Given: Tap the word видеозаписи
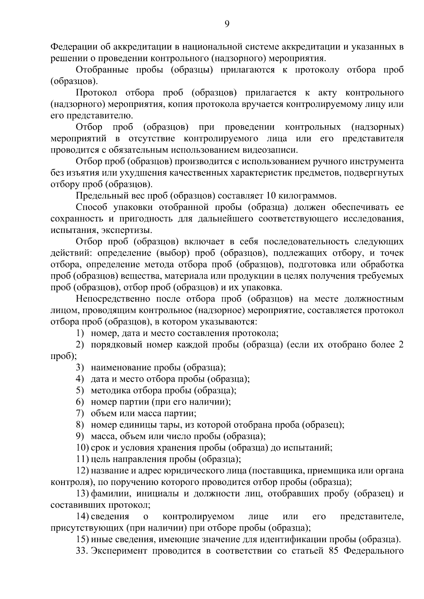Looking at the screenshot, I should click(270, 150).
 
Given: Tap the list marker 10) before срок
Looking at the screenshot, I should click(82, 448).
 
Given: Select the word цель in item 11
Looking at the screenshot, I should click(99, 459).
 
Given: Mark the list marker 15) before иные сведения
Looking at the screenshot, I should click(82, 539).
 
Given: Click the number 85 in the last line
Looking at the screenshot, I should click(329, 551).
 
